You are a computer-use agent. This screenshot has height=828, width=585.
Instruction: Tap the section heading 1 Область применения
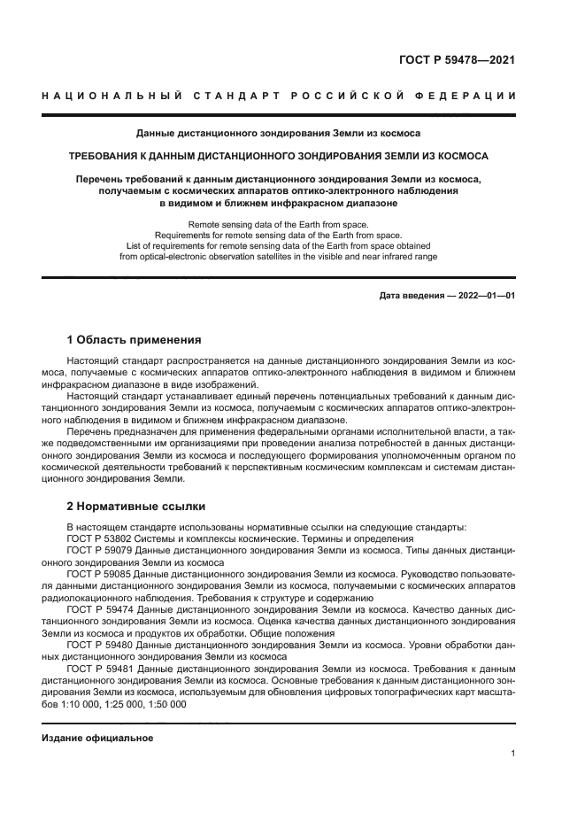tap(135, 339)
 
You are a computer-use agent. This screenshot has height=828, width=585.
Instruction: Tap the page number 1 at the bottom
tap(513, 754)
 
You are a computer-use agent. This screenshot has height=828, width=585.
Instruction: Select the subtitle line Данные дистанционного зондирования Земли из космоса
tap(278, 133)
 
